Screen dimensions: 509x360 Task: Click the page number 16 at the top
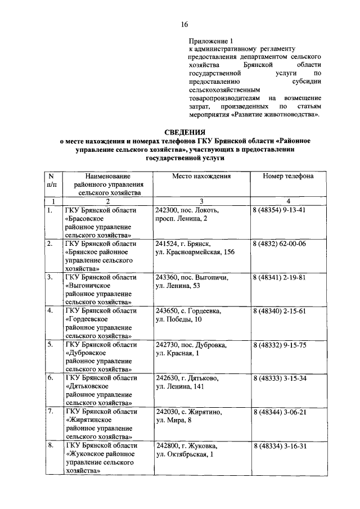pos(184,24)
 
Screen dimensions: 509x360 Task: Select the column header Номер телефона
pos(288,176)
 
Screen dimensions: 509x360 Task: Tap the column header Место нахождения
pos(201,176)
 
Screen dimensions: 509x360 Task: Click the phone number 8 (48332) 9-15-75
pos(279,345)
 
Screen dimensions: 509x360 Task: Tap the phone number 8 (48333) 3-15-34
pos(279,379)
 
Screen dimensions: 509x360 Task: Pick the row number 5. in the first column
pos(51,345)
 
